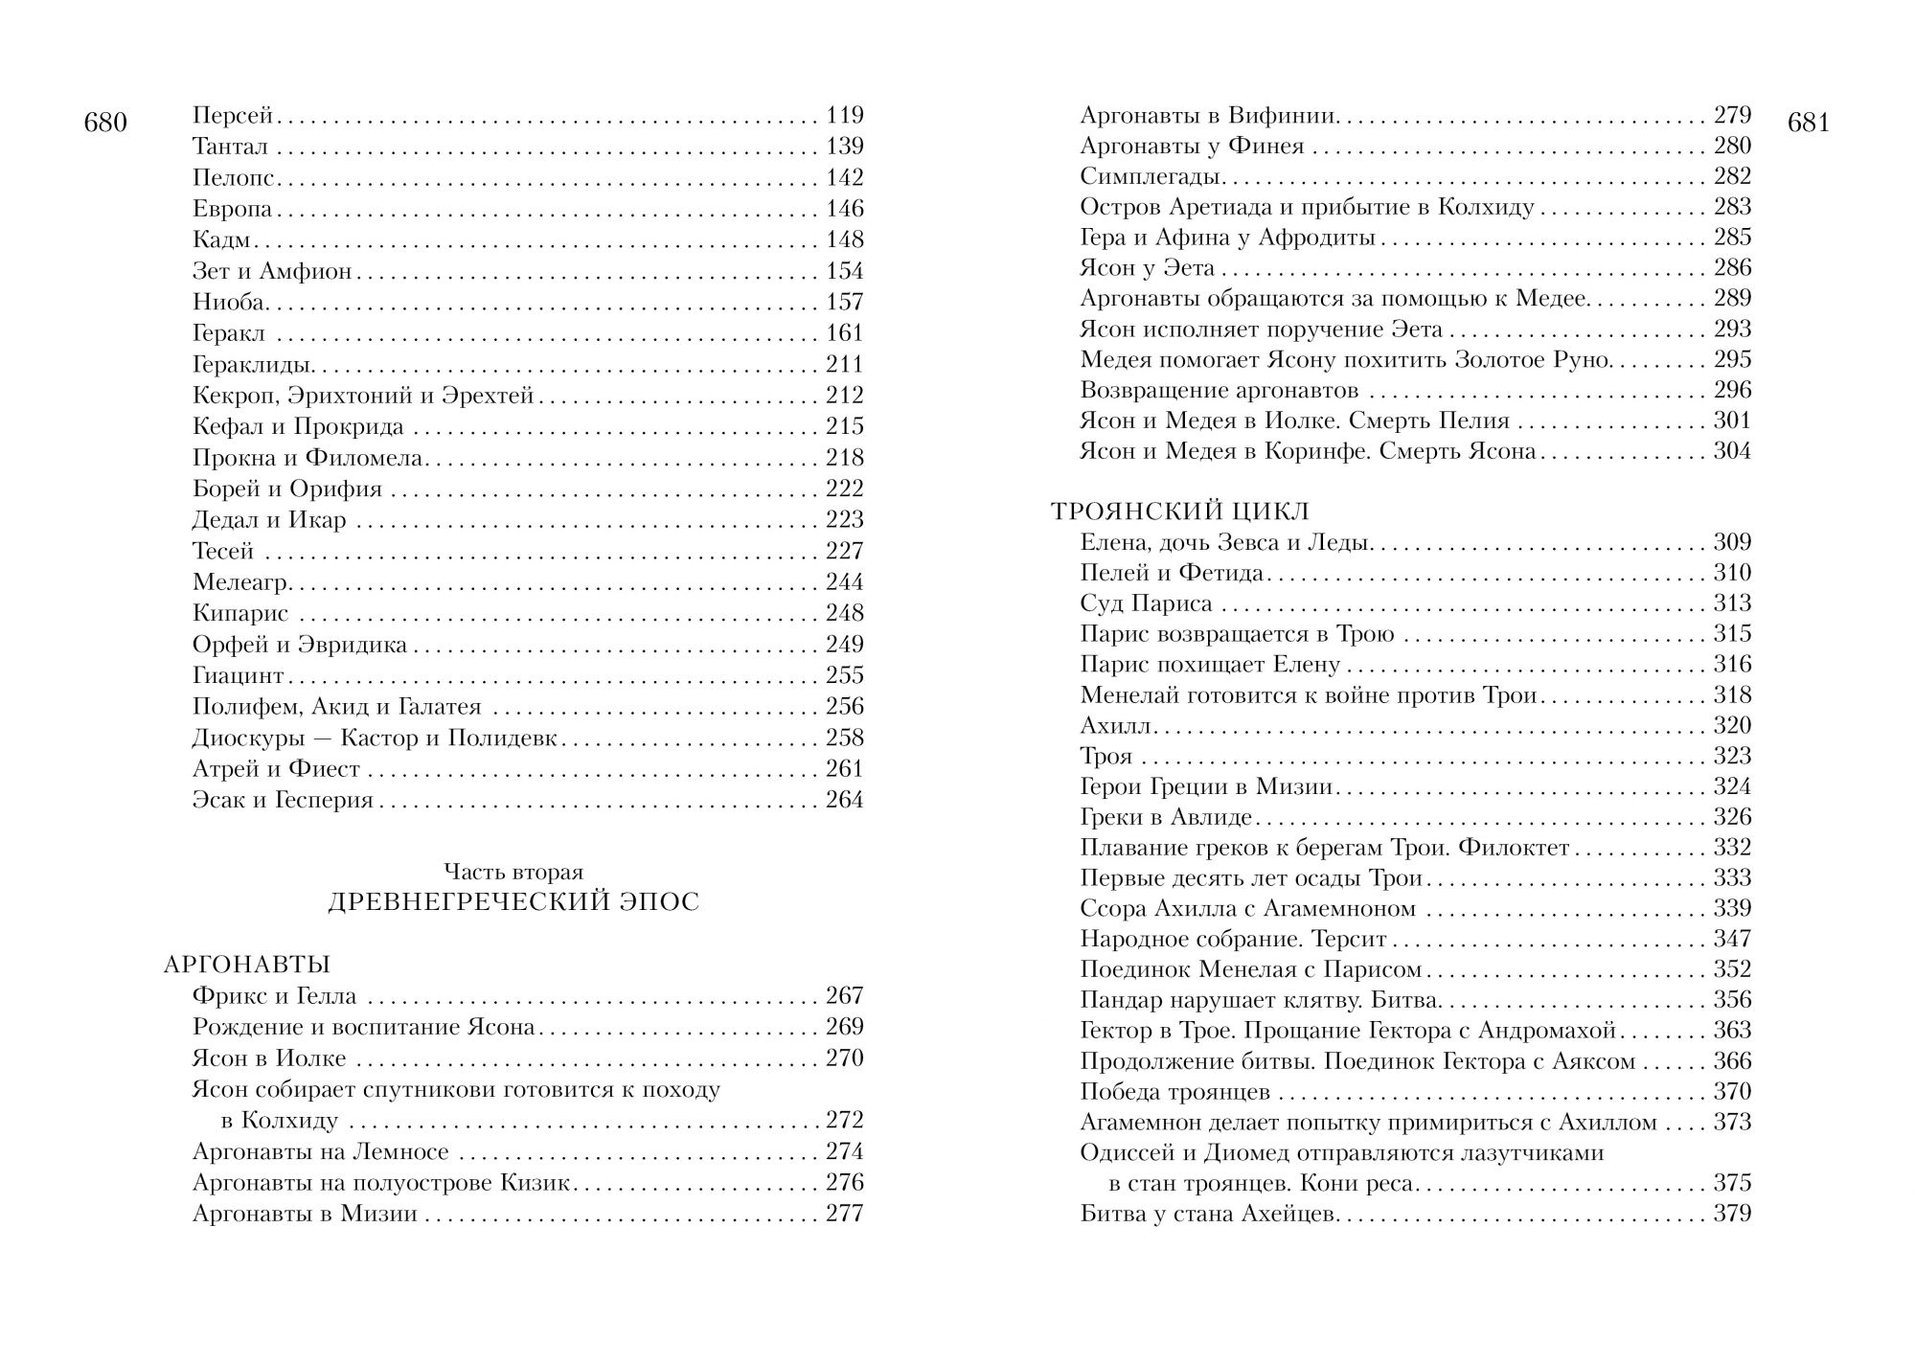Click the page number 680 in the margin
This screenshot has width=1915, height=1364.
coord(105,124)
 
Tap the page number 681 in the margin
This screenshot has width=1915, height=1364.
coord(1809,124)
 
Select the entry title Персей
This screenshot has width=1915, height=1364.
coord(233,116)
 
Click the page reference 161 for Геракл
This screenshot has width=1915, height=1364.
coord(844,333)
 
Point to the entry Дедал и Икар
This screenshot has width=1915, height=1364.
coord(269,520)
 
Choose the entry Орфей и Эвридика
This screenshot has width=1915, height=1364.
coord(300,645)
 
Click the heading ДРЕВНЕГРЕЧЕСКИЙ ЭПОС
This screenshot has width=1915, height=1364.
coord(513,902)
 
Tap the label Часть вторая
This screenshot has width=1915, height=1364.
coord(513,872)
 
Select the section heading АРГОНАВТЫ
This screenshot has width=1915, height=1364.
coord(247,965)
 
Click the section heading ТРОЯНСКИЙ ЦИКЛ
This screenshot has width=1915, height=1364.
coord(1180,511)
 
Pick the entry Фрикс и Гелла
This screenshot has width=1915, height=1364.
coord(274,996)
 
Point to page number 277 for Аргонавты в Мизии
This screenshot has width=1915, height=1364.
coord(844,1214)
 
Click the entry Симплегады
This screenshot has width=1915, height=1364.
coord(1149,176)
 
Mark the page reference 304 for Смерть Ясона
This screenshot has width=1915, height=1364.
coord(1732,451)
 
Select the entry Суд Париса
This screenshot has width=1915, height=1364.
coord(1146,603)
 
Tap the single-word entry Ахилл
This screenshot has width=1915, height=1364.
coord(1116,725)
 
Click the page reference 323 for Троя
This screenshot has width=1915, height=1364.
coord(1732,756)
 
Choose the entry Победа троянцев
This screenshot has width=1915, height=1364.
coord(1174,1092)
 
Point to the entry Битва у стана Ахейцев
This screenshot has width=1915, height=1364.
coord(1207,1215)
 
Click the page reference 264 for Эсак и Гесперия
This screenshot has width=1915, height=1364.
coord(844,800)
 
